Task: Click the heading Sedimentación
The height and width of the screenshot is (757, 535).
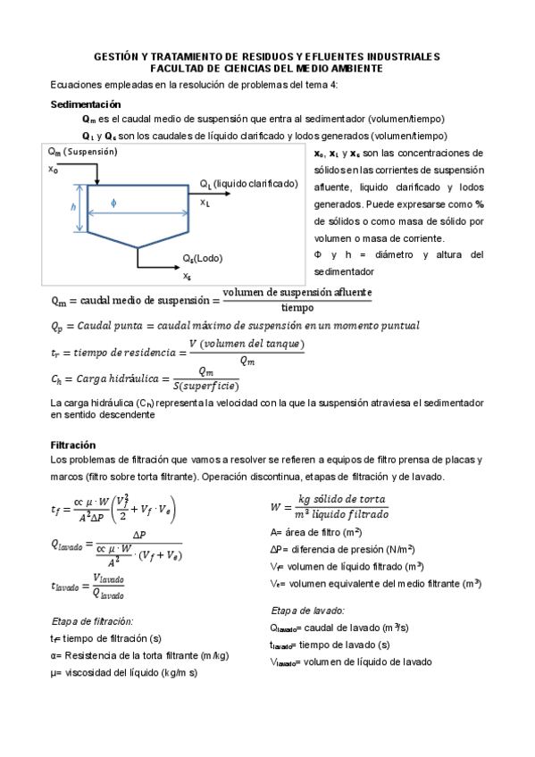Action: point(85,104)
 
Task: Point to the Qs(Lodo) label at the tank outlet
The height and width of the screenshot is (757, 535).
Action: point(203,258)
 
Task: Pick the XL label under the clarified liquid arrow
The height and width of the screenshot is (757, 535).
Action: point(205,203)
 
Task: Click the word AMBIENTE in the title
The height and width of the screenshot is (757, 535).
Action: point(347,68)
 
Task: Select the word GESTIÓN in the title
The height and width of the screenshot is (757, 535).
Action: point(116,56)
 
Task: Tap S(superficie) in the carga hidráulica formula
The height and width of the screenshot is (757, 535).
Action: point(206,386)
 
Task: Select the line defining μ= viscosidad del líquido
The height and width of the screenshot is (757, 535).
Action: point(124,672)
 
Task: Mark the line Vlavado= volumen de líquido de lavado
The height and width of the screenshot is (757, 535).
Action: point(350,661)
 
